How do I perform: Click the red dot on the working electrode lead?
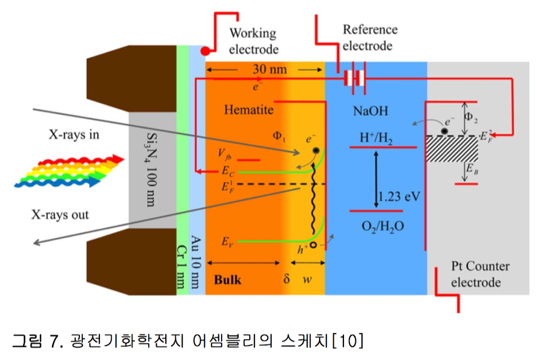pos(206,51)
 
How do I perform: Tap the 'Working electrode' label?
pos(253,41)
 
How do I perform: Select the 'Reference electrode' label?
pos(370,37)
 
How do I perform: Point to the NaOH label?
pos(370,111)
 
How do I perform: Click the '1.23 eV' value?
pos(400,196)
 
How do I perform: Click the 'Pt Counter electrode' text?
pos(480,274)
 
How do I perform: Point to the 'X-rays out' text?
pos(61,214)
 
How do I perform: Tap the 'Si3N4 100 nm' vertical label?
pos(151,169)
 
